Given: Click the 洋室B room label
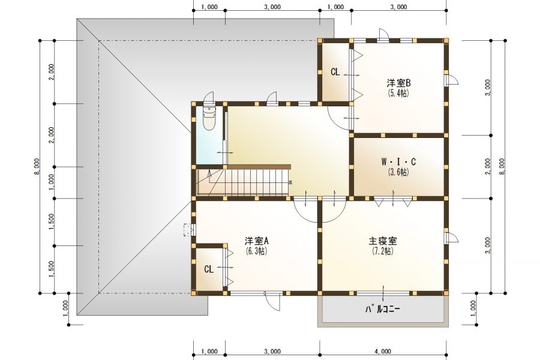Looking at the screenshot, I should click(x=398, y=84).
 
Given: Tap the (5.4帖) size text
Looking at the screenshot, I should click(x=398, y=93).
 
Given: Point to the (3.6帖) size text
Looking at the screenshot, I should click(x=398, y=172).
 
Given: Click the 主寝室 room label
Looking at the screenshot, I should click(x=382, y=241).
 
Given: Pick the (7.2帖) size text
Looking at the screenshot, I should click(x=382, y=251).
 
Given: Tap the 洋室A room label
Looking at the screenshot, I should click(x=257, y=241).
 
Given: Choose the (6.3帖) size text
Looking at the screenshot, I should click(x=257, y=251).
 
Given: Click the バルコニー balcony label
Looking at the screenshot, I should click(x=383, y=310).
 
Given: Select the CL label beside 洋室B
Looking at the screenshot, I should click(x=335, y=72).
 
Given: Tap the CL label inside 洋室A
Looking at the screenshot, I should click(x=208, y=269).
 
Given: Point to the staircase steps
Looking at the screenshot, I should click(x=252, y=181).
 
